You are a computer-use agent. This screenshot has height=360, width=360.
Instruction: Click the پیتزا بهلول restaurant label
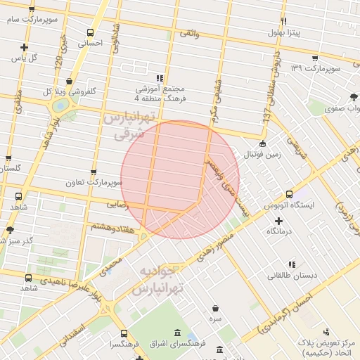[284, 32]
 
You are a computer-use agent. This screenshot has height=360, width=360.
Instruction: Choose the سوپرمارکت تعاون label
[94, 182]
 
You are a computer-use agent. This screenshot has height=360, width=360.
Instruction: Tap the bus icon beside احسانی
[90, 32]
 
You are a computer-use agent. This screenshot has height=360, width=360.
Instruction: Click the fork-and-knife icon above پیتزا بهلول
[284, 21]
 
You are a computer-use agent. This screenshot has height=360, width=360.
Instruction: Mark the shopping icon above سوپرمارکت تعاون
[94, 172]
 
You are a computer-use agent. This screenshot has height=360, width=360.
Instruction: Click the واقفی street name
[189, 33]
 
